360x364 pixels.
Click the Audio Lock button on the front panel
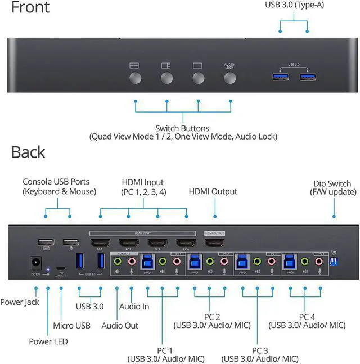[x=229, y=78]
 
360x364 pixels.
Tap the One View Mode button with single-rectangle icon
[x=197, y=78]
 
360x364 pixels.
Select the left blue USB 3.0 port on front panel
[x=280, y=77]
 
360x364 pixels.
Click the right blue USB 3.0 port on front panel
[x=307, y=77]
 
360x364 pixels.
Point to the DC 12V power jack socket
[x=37, y=263]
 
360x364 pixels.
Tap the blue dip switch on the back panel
[x=334, y=263]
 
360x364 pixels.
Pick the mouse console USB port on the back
[x=70, y=242]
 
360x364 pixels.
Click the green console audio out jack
[x=118, y=261]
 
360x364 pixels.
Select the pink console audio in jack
[x=132, y=261]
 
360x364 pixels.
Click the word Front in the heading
[x=30, y=8]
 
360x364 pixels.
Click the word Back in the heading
[x=28, y=152]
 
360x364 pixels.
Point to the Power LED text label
[x=49, y=341]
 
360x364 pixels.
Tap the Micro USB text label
[x=71, y=325]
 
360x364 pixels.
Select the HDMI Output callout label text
[x=213, y=192]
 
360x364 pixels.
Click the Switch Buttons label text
[x=182, y=128]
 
